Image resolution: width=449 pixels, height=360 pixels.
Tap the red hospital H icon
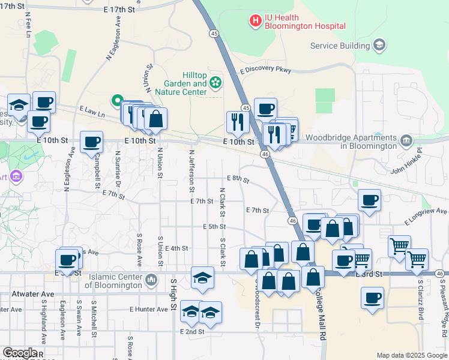[256, 21]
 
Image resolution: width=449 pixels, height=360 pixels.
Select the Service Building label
[340, 46]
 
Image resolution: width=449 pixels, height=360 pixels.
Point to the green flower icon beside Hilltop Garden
[215, 82]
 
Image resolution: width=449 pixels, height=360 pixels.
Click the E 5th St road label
[213, 227]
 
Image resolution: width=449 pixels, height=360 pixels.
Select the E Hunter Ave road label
[149, 310]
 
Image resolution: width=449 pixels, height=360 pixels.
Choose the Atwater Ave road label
[29, 294]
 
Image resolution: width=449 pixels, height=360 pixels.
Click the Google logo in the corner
[20, 353]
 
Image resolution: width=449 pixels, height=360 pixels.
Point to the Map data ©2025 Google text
[411, 355]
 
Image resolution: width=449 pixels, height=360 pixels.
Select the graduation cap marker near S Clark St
[203, 277]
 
